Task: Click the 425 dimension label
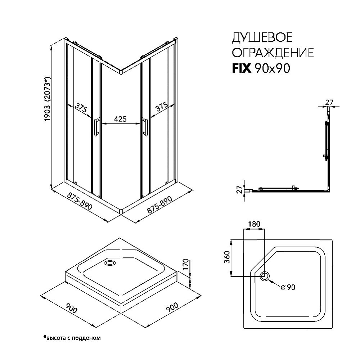(x=121, y=119)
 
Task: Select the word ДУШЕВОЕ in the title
(x=262, y=38)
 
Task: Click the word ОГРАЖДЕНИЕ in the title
(x=272, y=53)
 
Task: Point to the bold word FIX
(x=241, y=68)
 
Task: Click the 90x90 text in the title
(x=272, y=68)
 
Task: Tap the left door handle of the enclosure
(x=96, y=128)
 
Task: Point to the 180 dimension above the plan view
(x=254, y=224)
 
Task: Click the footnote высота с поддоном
(x=72, y=338)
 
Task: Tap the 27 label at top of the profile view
(x=329, y=102)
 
